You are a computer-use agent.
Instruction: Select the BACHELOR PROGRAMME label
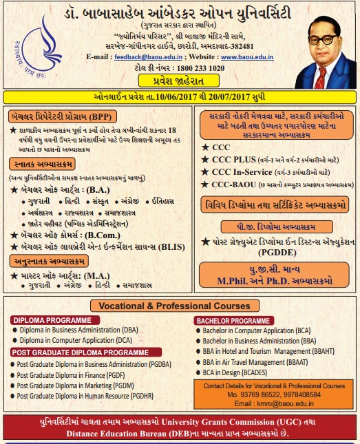pos(233,321)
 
